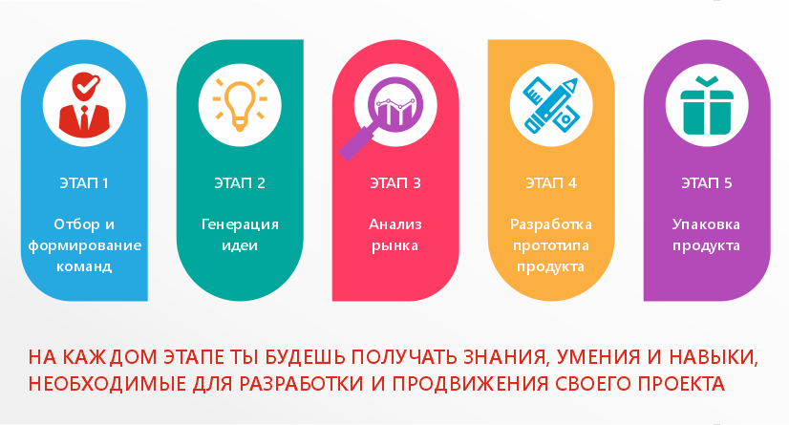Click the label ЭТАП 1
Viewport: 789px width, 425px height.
(x=84, y=183)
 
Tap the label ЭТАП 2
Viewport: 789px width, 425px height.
(x=240, y=183)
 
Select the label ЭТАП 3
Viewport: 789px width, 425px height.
(x=395, y=183)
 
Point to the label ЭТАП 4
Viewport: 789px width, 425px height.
(x=551, y=183)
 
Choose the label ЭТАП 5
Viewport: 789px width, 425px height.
(x=707, y=183)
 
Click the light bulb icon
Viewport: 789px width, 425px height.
(x=240, y=105)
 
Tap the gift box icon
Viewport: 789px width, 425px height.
(x=707, y=105)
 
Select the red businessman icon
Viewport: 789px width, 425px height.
(x=84, y=105)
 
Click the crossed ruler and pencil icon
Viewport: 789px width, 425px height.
(x=551, y=105)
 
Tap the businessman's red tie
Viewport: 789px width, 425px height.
(x=84, y=118)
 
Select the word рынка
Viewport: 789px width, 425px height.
(x=395, y=246)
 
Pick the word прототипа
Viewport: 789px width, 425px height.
(x=551, y=246)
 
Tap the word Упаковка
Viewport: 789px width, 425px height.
(x=707, y=224)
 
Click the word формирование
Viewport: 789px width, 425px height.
(x=84, y=246)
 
